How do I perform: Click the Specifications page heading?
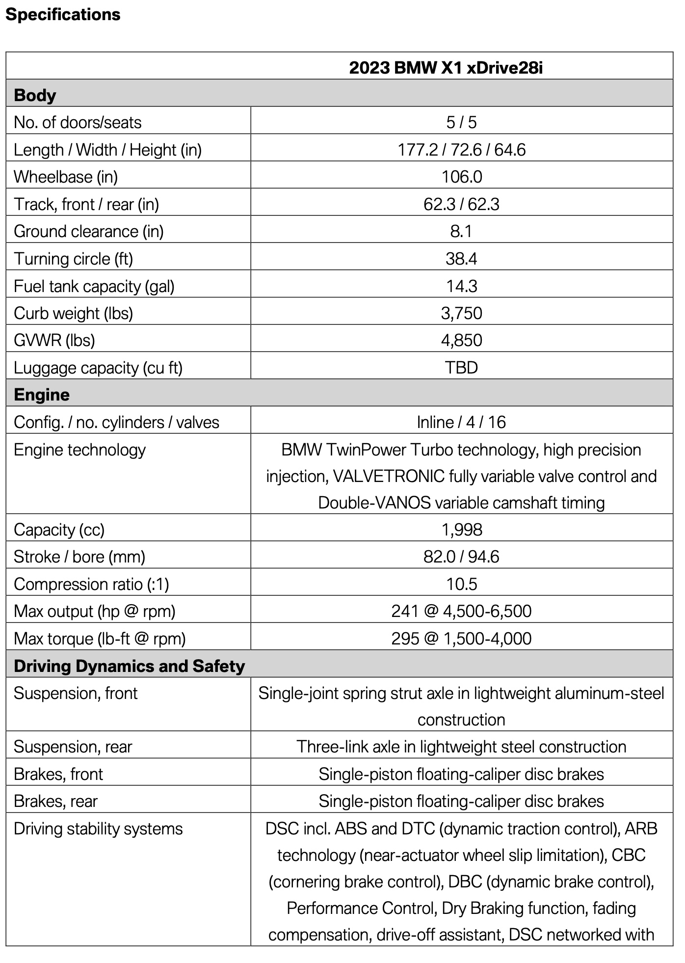coord(63,15)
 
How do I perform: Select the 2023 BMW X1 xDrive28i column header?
coord(446,68)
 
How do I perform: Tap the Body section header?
coord(35,95)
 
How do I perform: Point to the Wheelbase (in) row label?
coord(66,177)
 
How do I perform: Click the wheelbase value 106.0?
coord(461,177)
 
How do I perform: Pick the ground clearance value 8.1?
coord(461,231)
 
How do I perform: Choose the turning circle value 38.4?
coord(461,259)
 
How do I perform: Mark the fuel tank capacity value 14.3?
coord(461,286)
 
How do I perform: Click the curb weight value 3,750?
coord(461,313)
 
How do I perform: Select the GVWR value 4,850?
coord(461,340)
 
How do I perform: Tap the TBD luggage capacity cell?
coord(461,368)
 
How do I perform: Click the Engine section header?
coord(42,395)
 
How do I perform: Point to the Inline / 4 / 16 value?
coord(461,422)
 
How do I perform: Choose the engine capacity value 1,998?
coord(461,530)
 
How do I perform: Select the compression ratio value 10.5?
coord(461,584)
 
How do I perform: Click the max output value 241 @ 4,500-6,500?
coord(461,611)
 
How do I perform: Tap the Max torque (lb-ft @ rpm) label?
coord(100,639)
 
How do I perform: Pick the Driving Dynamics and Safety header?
coord(129,666)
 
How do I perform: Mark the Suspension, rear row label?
coord(73,747)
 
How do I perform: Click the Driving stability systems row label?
coord(98,829)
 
